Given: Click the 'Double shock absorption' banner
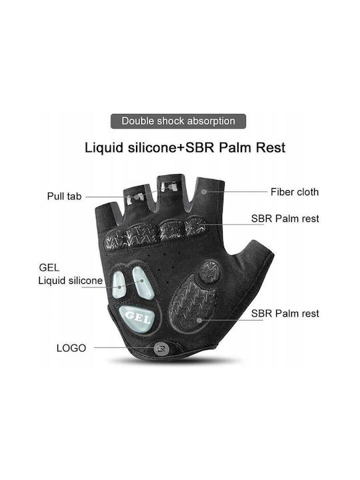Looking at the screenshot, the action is [178, 121].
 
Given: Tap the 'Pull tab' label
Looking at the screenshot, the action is [64, 196].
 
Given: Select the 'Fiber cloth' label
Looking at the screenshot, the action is [295, 192].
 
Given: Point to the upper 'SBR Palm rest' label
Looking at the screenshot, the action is [285, 219].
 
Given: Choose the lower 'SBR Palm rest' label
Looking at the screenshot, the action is [285, 313].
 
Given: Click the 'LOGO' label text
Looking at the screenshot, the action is [71, 348].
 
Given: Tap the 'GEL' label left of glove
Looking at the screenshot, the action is [49, 267].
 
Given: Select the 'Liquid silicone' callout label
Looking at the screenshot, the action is [71, 281].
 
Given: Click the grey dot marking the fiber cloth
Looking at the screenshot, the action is [204, 191].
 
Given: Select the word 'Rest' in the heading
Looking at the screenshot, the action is [271, 147].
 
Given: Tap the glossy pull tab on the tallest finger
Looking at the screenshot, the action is [168, 187].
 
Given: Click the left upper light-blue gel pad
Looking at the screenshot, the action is [119, 284].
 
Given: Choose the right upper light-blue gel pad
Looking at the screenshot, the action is [143, 282].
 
